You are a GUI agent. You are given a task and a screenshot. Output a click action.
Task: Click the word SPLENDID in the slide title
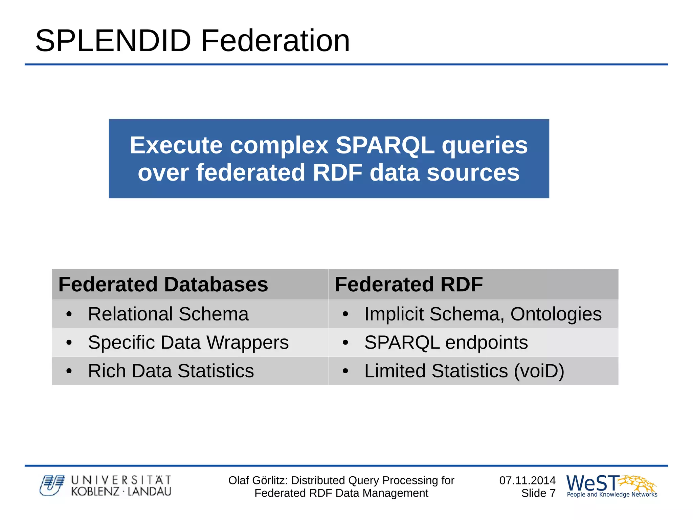[x=113, y=41]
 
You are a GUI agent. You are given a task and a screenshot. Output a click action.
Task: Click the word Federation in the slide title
[x=275, y=41]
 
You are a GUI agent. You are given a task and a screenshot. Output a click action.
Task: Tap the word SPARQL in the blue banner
[x=385, y=145]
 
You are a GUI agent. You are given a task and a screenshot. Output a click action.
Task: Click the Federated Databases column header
[x=163, y=284]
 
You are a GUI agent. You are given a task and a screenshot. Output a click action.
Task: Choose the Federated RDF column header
[x=408, y=284]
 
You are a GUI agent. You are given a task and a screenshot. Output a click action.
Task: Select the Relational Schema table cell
[x=168, y=314]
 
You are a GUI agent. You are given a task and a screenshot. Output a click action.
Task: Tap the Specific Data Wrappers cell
[x=188, y=342]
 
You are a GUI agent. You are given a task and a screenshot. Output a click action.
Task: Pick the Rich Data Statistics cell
[x=171, y=371]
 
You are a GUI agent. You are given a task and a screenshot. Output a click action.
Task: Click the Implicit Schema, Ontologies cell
[x=483, y=314]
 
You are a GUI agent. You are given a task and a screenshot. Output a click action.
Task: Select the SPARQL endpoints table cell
[x=446, y=342]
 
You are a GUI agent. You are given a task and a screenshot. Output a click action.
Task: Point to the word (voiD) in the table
[x=539, y=371]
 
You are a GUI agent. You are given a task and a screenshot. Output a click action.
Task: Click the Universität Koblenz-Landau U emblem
[x=52, y=485]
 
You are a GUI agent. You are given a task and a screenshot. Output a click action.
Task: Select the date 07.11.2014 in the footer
[x=527, y=480]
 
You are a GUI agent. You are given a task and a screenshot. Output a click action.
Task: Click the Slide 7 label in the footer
[x=538, y=493]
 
